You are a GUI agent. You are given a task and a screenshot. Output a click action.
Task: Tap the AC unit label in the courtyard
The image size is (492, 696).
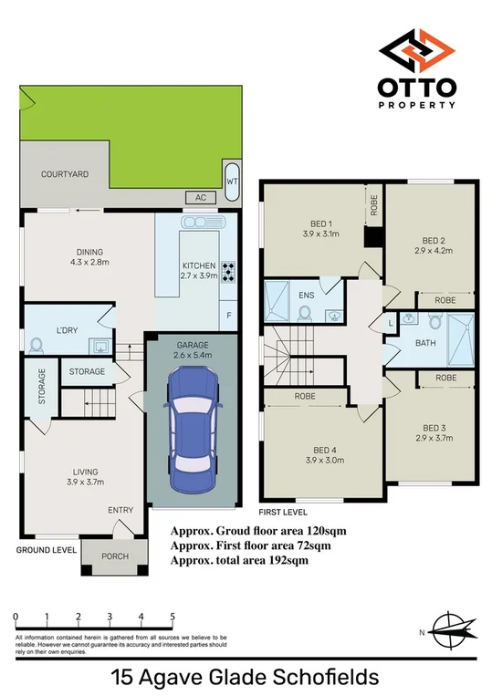198,197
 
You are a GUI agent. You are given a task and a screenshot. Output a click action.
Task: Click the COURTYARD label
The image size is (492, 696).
65,173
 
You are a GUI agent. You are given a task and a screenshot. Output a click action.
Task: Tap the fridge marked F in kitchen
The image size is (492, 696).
228,315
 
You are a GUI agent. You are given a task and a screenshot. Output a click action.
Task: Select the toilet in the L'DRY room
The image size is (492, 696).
37,346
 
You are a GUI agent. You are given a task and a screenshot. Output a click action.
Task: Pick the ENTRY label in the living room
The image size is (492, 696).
120,510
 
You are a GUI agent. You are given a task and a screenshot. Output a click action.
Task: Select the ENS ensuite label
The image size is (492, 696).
307,296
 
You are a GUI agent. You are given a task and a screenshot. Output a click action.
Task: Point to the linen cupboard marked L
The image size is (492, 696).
391,324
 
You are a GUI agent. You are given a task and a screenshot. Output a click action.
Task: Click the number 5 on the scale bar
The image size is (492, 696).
172,618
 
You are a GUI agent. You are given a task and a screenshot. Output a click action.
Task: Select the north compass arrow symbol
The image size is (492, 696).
455,628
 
